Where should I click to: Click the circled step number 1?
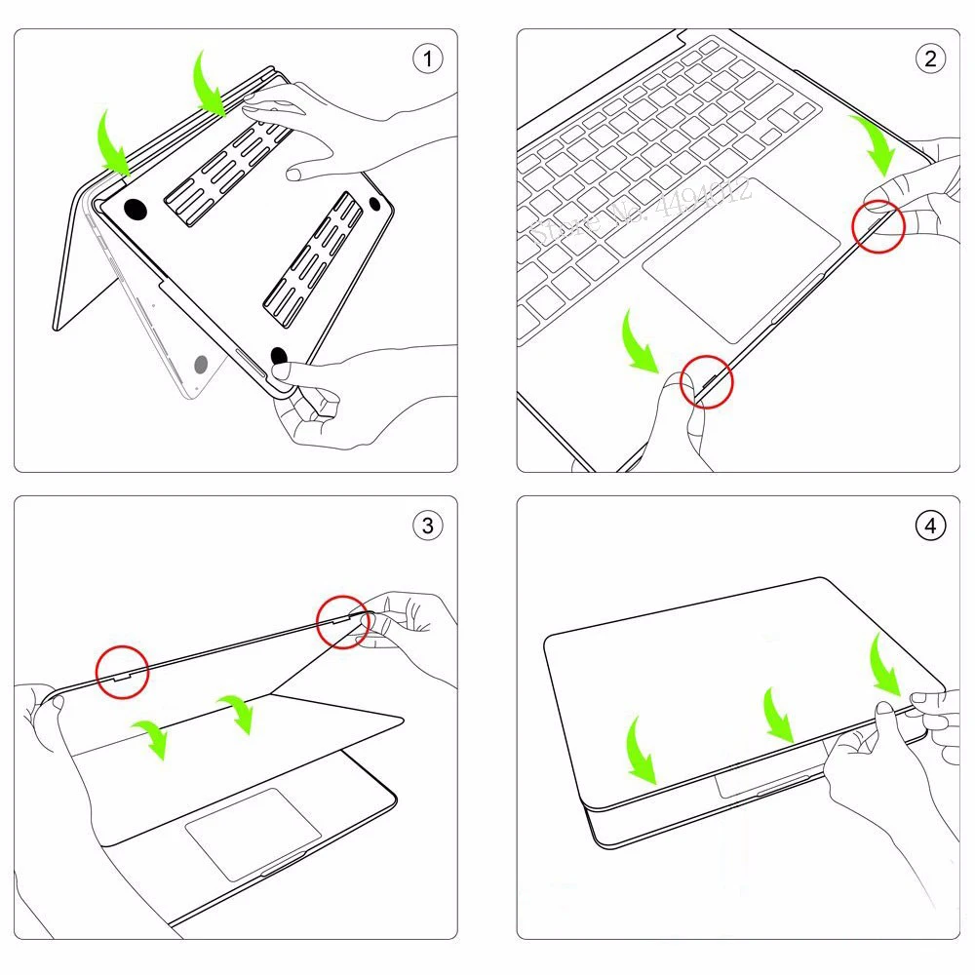pos(427,58)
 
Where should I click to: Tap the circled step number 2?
pos(930,58)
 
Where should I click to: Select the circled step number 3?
pos(427,526)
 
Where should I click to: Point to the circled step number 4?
pos(930,526)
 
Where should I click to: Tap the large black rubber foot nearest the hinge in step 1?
pos(135,209)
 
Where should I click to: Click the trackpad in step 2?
pos(742,259)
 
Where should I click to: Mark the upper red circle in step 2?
pos(878,228)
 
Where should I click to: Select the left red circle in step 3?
pos(122,672)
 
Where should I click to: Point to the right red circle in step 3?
pos(343,621)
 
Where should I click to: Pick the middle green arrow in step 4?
pos(780,715)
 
